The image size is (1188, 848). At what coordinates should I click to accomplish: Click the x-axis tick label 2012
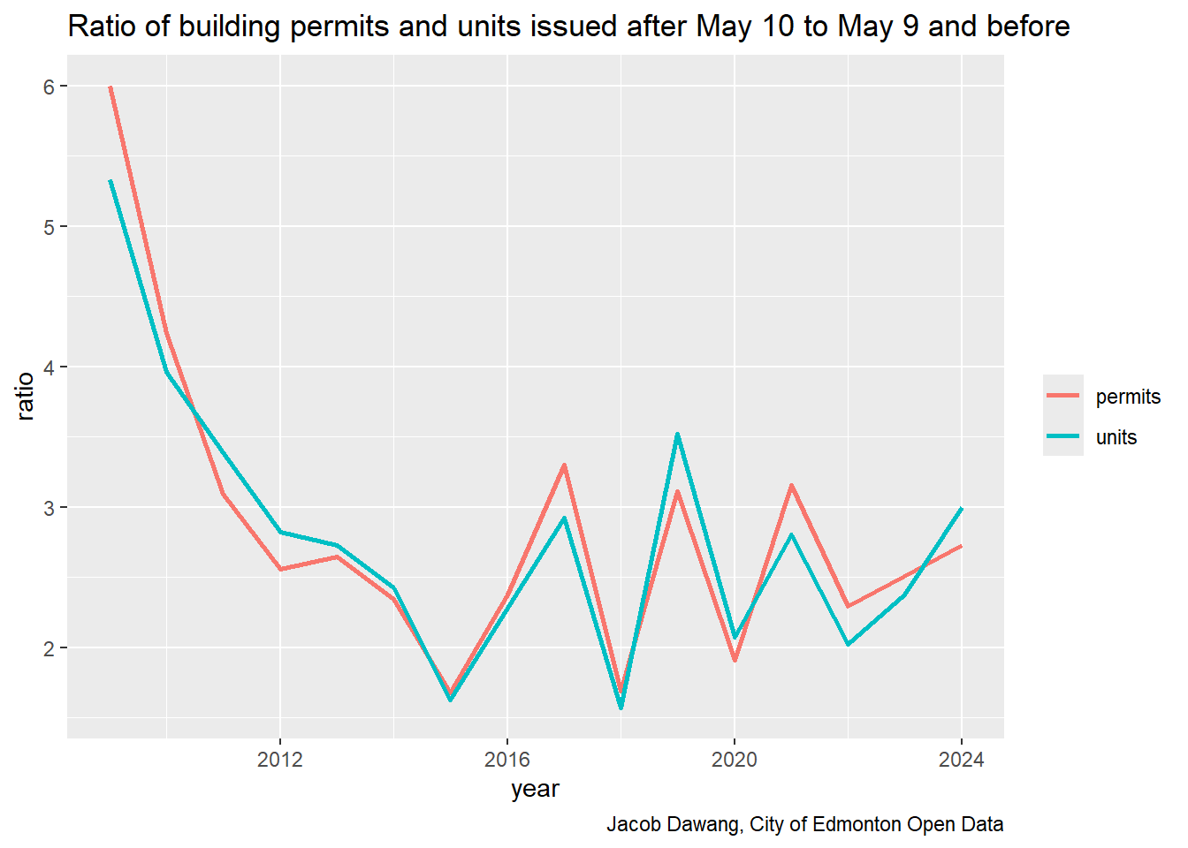click(x=280, y=760)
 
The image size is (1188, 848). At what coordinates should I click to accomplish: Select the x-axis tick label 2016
click(x=507, y=760)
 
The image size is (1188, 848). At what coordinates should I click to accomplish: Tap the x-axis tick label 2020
click(x=735, y=760)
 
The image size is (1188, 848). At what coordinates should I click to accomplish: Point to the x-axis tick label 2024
click(x=962, y=760)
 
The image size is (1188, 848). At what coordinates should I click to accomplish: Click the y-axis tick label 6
click(x=49, y=87)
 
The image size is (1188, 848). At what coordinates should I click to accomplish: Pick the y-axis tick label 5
click(x=49, y=227)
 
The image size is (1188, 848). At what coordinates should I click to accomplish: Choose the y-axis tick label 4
click(x=49, y=367)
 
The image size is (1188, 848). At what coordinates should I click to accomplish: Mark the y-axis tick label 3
click(x=49, y=508)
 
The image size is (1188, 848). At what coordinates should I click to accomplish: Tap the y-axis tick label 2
click(x=49, y=648)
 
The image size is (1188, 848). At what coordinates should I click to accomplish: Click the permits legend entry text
click(x=1128, y=397)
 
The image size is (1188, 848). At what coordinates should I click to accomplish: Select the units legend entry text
click(x=1116, y=437)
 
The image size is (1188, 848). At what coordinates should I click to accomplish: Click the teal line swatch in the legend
click(x=1062, y=436)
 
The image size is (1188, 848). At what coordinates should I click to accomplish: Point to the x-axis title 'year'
click(x=535, y=789)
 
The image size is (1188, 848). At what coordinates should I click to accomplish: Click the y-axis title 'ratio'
click(x=25, y=396)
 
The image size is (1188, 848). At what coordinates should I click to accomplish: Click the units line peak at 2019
click(x=677, y=434)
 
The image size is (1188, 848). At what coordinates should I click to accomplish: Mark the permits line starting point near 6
click(x=110, y=87)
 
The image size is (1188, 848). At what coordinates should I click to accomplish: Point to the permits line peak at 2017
click(x=564, y=465)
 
